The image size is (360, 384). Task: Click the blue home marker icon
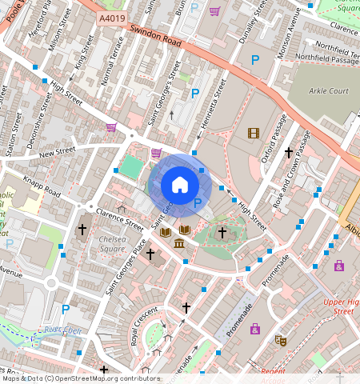pyautogui.click(x=180, y=185)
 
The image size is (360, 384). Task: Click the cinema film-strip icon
pyautogui.click(x=254, y=134)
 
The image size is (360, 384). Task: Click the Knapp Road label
pyautogui.click(x=41, y=187)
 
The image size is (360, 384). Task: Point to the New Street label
pyautogui.click(x=55, y=151)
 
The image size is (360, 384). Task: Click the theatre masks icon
pyautogui.click(x=280, y=340)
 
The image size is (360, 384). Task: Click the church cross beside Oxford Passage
pyautogui.click(x=289, y=152)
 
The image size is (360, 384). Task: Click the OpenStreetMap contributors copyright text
pyautogui.click(x=80, y=378)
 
